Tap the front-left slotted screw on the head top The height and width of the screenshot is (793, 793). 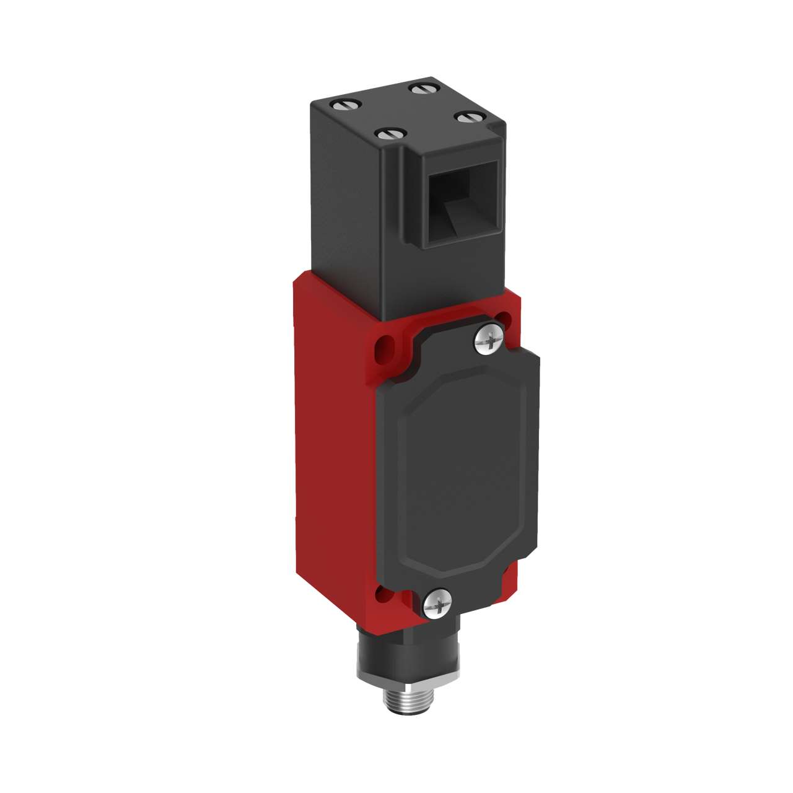(392, 133)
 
